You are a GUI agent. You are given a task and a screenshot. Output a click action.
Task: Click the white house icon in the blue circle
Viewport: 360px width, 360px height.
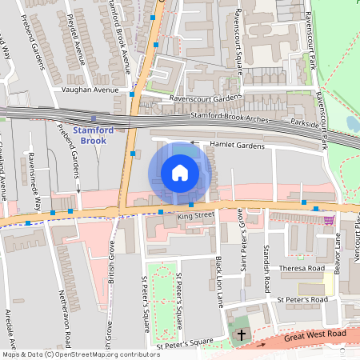pos(180,173)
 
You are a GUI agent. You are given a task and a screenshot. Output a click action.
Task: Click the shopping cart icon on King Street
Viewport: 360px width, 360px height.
pos(329,220)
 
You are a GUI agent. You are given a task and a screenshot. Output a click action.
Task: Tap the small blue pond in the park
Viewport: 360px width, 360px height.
pos(353,123)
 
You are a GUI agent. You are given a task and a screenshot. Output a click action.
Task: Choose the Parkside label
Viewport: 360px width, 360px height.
pos(304,125)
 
